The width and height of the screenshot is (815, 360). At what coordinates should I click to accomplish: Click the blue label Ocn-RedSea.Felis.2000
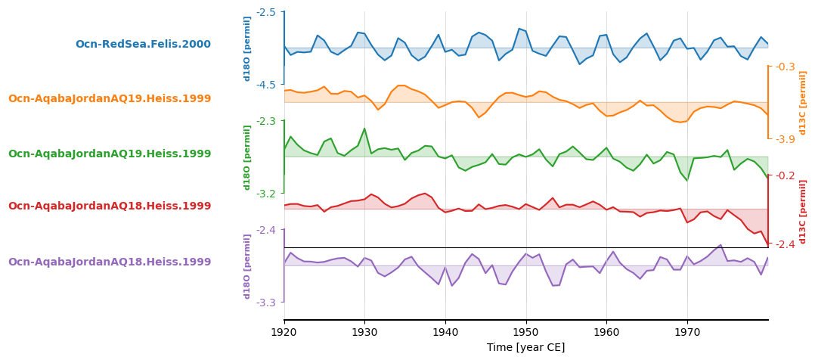coord(143,45)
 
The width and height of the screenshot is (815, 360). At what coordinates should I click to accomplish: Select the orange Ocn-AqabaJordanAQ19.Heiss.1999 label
coord(110,99)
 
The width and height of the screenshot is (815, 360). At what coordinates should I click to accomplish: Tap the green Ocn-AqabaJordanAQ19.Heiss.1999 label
coord(110,154)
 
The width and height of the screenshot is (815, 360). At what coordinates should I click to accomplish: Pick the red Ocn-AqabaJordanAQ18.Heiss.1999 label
coord(110,206)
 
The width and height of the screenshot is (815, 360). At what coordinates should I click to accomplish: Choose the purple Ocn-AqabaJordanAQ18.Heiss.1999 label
coord(110,262)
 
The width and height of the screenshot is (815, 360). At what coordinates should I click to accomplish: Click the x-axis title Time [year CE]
coord(525,348)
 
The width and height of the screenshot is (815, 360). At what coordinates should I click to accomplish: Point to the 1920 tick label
coord(284,331)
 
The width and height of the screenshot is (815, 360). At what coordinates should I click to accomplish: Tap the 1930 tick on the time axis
coord(364,331)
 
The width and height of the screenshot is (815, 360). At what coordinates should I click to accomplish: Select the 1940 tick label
coord(445,331)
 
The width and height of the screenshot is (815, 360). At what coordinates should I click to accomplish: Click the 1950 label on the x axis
coord(525,331)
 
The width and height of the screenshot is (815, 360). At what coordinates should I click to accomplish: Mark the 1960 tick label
coord(606,331)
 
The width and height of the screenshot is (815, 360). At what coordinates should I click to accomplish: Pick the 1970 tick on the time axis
coord(687,331)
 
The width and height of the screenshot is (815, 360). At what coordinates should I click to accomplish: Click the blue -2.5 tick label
coord(266,12)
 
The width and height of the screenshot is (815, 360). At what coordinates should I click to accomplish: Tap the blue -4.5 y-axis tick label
coord(266,85)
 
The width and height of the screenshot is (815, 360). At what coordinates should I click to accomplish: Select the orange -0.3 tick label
coord(786,67)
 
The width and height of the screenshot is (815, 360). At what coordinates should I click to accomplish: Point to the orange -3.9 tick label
coord(786,139)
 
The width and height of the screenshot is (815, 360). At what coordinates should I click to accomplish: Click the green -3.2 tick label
coord(266,194)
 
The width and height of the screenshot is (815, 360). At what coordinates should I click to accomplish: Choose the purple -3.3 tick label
coord(266,303)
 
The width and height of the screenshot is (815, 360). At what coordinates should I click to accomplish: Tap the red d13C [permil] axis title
coord(803,211)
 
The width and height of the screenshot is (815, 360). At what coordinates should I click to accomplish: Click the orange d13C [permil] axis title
coord(803,102)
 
